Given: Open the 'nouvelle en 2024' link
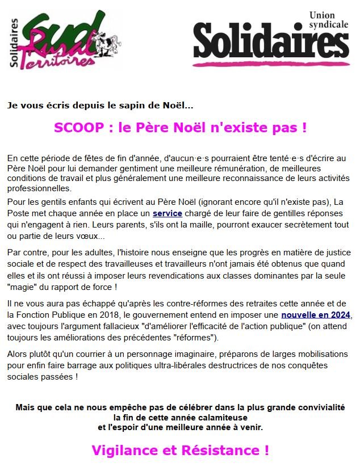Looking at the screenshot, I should point(316,314).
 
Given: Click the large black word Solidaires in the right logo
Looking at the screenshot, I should point(270,42).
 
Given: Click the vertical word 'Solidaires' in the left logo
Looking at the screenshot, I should point(15,43).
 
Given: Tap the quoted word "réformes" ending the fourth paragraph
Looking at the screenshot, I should point(194,338).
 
